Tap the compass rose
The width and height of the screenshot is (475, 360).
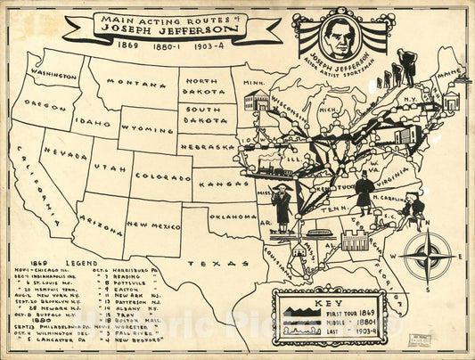[425, 256]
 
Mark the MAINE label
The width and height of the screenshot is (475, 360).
[450, 70]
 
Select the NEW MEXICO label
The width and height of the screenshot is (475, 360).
[152, 227]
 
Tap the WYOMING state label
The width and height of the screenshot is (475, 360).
[148, 128]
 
